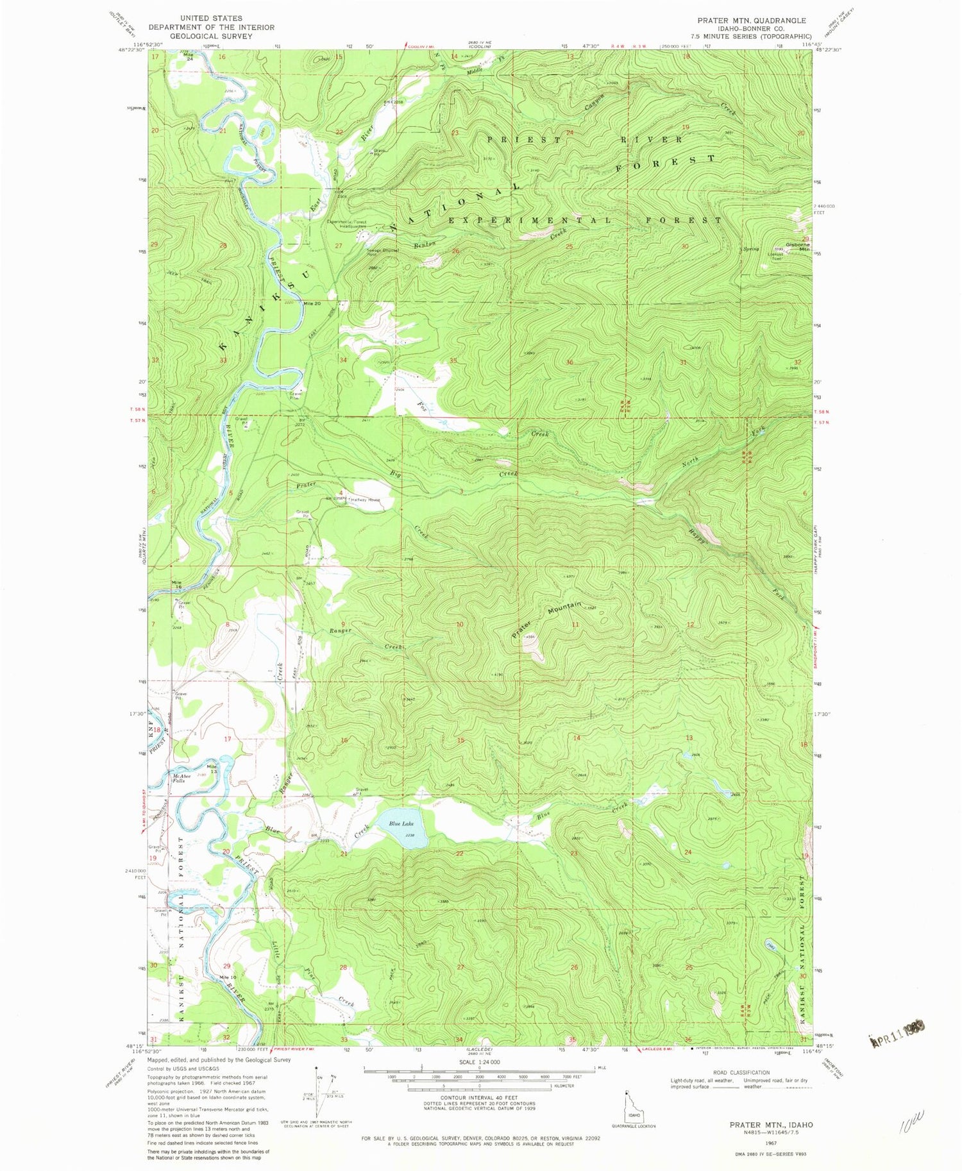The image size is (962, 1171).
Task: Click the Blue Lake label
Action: pos(400,824)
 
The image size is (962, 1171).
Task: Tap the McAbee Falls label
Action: pos(181,779)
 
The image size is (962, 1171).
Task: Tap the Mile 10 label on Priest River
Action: pos(228,977)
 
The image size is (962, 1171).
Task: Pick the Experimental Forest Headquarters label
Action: pos(347,224)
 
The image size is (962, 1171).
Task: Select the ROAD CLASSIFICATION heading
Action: pos(739,1072)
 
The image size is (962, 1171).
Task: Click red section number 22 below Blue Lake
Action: pos(459,854)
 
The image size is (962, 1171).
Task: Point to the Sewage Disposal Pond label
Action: pos(382,252)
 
